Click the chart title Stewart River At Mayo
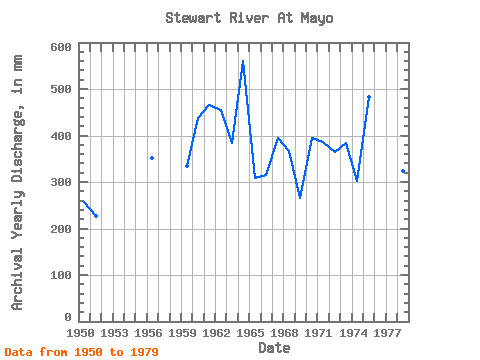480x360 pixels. [249, 18]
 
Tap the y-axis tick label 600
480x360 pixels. [61, 47]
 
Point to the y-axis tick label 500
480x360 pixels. [61, 89]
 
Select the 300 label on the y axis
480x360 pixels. [61, 182]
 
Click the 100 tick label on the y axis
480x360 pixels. [61, 275]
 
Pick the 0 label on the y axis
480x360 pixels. [68, 317]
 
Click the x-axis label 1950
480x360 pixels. [80, 333]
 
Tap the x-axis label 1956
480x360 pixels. [148, 333]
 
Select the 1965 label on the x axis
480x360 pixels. [250, 333]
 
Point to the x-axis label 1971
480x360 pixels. [318, 333]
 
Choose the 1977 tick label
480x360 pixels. [387, 333]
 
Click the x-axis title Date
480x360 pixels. [274, 348]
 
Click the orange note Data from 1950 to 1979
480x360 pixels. [82, 352]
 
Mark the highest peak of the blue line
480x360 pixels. [243, 61]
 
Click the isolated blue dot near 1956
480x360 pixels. [152, 158]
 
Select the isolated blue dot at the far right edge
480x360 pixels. [403, 171]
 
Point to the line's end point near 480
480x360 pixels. [369, 97]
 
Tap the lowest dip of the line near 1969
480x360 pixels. [300, 197]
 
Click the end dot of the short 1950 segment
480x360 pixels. [96, 216]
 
